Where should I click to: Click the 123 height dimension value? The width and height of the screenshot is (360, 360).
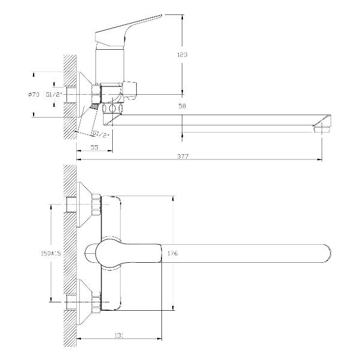[183, 55]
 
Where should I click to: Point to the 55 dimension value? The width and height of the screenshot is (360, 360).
[94, 147]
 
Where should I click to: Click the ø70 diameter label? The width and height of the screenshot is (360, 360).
[34, 94]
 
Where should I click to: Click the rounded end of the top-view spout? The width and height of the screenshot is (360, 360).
[327, 253]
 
